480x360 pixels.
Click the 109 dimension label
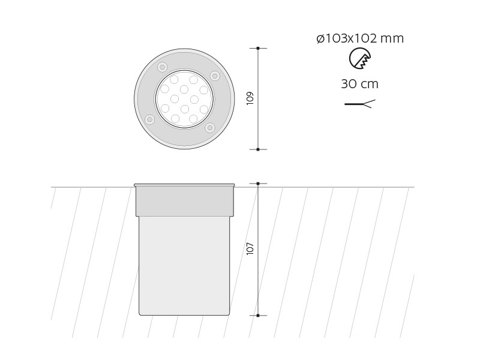coord(250,98)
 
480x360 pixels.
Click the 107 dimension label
coord(250,248)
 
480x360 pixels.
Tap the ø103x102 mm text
coord(360,39)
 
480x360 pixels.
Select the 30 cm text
coord(359,84)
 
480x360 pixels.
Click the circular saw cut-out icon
coord(360,58)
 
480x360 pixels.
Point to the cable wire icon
coord(359,104)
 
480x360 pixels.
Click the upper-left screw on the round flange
coord(162,67)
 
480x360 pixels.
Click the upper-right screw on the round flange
coord(215,75)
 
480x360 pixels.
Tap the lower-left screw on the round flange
coord(149,119)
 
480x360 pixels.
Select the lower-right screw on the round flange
coord(209,127)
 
